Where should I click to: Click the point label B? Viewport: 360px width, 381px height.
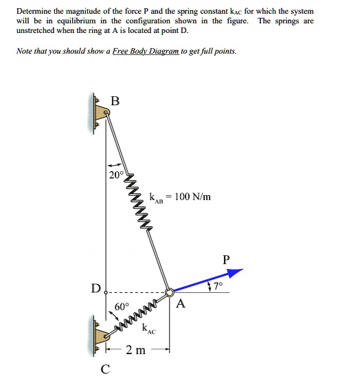[x=115, y=101]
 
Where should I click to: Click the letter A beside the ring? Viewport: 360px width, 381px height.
[x=181, y=304]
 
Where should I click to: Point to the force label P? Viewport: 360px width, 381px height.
[x=228, y=260]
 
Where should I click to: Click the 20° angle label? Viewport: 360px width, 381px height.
[x=116, y=175]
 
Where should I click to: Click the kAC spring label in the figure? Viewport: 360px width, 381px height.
[x=148, y=329]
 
